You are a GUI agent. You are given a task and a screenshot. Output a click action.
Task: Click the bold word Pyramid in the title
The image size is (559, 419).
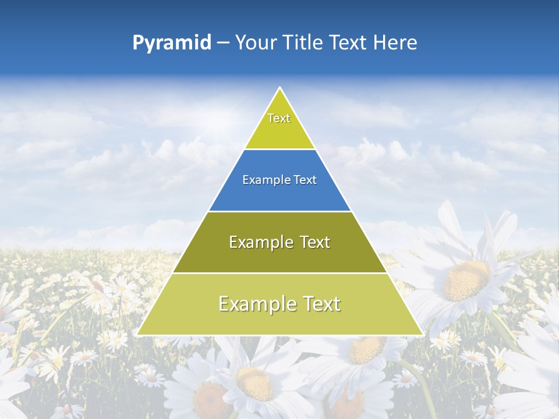(x=171, y=43)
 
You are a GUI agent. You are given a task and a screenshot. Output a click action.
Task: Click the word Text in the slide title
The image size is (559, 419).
(x=349, y=43)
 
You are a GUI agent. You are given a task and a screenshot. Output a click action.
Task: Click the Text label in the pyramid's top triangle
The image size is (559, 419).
(x=279, y=118)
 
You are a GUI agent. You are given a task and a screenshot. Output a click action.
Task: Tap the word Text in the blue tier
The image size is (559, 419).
(x=305, y=180)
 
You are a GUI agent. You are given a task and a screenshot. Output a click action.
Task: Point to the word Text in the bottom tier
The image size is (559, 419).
(x=318, y=304)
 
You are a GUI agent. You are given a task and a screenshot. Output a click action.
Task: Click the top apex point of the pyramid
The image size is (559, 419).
(x=280, y=88)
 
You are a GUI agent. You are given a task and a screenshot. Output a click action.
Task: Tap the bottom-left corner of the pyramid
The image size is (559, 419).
(x=138, y=335)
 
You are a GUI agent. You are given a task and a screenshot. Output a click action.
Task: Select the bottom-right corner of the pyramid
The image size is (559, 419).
(x=422, y=335)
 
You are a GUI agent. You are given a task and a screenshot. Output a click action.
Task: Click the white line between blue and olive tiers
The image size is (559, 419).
(x=279, y=211)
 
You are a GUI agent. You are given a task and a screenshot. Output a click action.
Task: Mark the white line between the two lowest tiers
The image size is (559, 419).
(x=279, y=273)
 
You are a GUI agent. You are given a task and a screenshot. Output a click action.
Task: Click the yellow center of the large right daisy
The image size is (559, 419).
(x=466, y=280)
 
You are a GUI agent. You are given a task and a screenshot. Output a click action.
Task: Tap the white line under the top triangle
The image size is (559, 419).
(x=279, y=150)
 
